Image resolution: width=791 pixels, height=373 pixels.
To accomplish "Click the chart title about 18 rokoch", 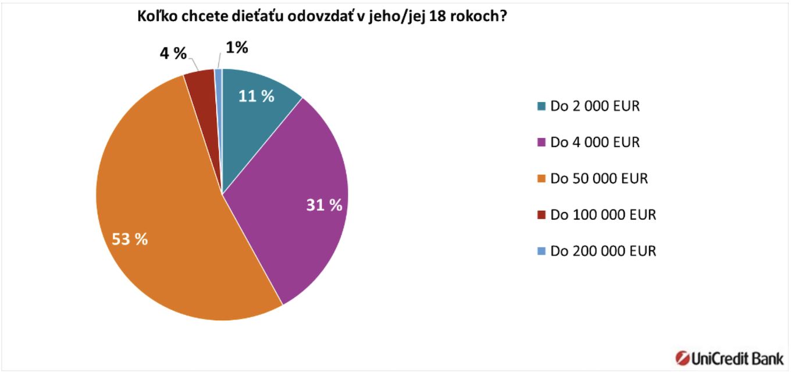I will click(x=320, y=17).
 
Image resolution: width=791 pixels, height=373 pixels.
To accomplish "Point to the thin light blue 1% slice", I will click(x=219, y=78).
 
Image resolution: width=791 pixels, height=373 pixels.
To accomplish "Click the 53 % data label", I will click(x=130, y=239).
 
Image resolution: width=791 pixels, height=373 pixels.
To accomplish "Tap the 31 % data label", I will click(x=324, y=205).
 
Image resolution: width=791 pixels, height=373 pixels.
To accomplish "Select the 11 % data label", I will click(x=256, y=96).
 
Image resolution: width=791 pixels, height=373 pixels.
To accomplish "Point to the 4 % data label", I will click(x=173, y=54).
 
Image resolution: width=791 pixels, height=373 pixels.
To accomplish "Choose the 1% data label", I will click(x=237, y=48).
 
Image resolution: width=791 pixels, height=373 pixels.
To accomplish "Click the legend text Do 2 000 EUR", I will click(x=595, y=106).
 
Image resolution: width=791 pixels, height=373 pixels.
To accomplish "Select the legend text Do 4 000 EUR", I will click(x=595, y=142).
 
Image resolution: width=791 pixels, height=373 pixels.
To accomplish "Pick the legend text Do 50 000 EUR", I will click(x=599, y=178).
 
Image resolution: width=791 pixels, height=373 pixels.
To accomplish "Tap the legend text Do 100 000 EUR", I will click(x=603, y=215).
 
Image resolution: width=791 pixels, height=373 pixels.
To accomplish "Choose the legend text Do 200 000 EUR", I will click(x=603, y=251).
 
